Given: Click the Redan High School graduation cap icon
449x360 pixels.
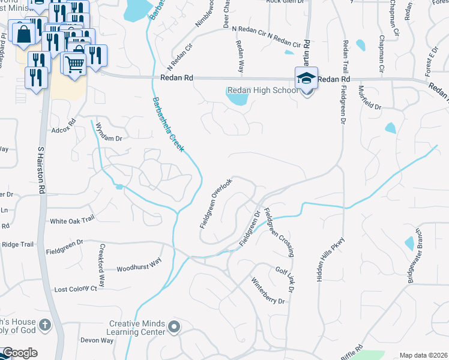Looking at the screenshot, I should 306,78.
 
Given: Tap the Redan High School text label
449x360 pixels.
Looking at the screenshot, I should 261,91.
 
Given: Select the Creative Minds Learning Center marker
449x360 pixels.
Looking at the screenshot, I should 174,327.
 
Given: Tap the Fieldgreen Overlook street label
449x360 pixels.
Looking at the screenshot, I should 215,203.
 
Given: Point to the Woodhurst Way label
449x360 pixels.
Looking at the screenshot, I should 139,265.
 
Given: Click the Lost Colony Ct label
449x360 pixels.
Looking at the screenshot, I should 76,289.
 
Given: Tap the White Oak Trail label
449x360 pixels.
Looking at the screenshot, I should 72,220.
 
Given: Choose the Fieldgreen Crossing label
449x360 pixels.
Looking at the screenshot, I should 279,233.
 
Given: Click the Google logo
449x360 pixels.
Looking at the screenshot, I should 20,353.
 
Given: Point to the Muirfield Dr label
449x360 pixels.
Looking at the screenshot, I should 369,97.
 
